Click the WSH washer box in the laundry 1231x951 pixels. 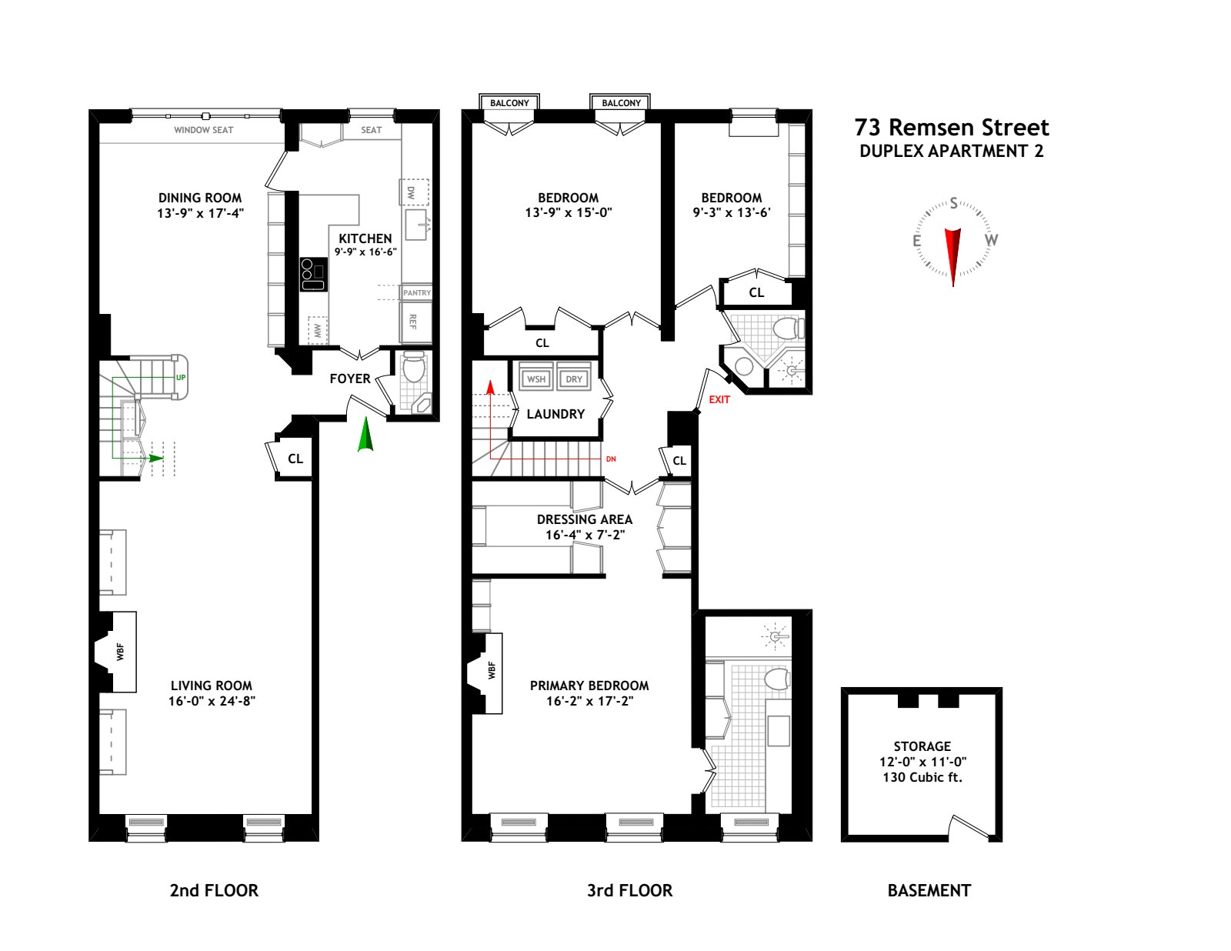click(536, 379)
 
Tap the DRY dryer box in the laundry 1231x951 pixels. click(574, 379)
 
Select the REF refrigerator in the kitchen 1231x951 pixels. click(415, 322)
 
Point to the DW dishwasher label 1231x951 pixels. click(412, 192)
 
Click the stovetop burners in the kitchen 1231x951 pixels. click(313, 274)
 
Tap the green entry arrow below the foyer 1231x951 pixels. click(365, 435)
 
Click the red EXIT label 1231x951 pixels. click(719, 399)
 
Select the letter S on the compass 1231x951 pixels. click(954, 203)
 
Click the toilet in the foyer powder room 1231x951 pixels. click(414, 367)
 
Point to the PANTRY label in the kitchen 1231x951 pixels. click(417, 293)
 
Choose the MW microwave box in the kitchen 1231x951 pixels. click(318, 330)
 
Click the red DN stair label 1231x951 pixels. click(611, 459)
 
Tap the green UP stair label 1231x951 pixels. click(181, 378)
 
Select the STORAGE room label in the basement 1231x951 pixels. click(922, 746)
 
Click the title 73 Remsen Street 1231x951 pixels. click(952, 128)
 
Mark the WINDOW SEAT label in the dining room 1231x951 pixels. click(203, 130)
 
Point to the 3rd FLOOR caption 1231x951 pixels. click(630, 890)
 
